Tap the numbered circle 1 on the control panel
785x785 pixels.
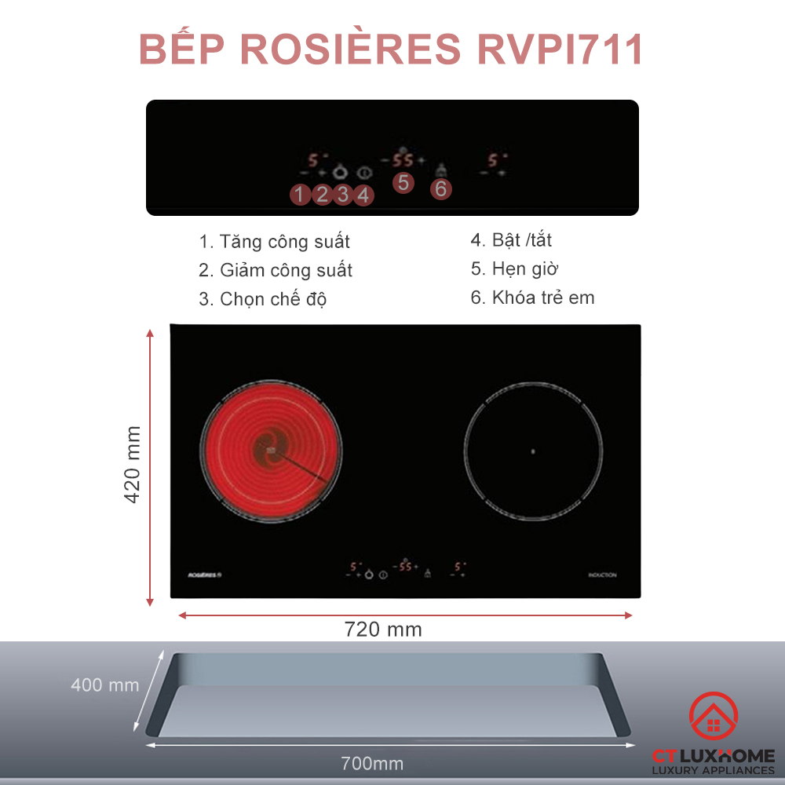click(300, 194)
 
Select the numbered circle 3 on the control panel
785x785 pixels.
click(342, 194)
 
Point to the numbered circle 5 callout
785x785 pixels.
click(403, 183)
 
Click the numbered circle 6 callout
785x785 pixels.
click(440, 188)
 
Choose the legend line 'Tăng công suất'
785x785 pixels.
click(274, 242)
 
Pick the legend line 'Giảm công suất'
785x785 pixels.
click(275, 271)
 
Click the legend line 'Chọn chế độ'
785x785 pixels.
click(262, 299)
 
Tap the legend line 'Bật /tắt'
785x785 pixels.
click(517, 240)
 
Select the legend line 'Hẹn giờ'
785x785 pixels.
click(514, 269)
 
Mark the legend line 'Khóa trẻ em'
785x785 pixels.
click(532, 298)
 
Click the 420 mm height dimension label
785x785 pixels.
click(133, 465)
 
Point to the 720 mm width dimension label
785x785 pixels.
click(383, 630)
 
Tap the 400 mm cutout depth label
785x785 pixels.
click(104, 685)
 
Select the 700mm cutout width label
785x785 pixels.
click(372, 763)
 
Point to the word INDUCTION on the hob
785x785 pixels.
click(602, 575)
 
